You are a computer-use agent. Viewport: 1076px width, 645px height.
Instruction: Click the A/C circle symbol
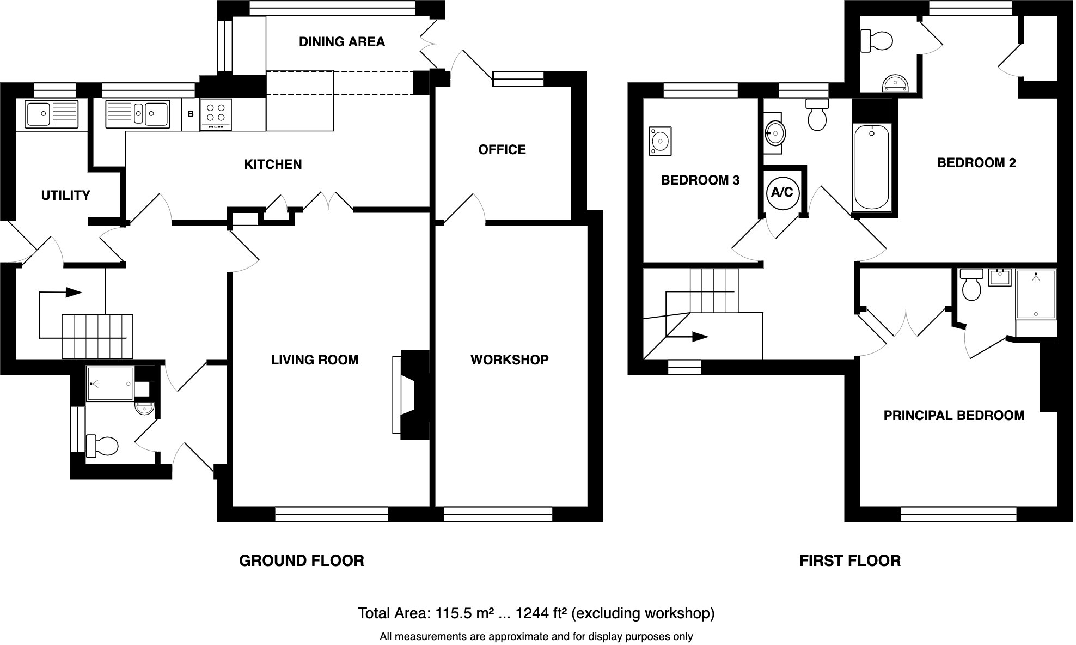click(782, 192)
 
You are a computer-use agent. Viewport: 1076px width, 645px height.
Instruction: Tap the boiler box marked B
click(191, 114)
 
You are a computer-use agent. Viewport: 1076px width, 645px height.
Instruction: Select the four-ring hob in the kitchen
click(216, 114)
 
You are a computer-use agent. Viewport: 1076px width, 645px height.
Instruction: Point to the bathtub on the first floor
click(872, 166)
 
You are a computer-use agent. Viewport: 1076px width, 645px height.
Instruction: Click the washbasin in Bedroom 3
click(660, 142)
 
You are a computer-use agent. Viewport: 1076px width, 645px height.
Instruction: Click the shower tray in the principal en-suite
click(1036, 294)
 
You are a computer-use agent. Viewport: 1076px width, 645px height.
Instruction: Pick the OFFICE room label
click(502, 150)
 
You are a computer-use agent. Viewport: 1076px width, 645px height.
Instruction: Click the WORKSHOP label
click(509, 360)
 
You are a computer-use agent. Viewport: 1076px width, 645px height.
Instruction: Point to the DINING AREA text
click(342, 42)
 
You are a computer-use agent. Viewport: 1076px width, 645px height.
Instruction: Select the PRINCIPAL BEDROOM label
click(953, 416)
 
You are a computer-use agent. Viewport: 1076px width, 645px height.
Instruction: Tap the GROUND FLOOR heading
click(302, 561)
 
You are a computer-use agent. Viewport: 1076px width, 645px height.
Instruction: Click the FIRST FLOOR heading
click(849, 561)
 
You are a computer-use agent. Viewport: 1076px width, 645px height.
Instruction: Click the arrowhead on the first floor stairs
click(700, 337)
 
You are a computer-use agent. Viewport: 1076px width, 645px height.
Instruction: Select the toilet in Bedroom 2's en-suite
click(877, 40)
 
